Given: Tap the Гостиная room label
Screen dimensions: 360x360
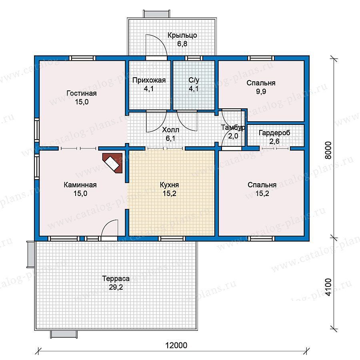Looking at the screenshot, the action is tap(82, 94).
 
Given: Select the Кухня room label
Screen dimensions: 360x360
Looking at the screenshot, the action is tap(169, 185).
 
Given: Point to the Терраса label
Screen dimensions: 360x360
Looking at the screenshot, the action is tap(116, 278).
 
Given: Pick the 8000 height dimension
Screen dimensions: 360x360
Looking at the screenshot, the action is tap(328, 150).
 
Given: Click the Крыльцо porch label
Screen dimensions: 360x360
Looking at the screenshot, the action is tap(182, 35).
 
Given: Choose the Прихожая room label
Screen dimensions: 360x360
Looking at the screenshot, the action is tap(149, 80).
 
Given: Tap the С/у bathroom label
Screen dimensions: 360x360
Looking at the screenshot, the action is tap(194, 80).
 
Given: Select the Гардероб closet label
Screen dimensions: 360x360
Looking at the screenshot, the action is tap(274, 133).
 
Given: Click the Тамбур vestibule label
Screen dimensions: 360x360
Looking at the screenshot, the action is tap(233, 128).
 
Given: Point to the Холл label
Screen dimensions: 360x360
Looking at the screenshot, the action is tap(170, 130).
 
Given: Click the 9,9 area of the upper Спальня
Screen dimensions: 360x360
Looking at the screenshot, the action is tap(261, 91).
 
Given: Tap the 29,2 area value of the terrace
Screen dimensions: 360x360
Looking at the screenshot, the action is tap(116, 287).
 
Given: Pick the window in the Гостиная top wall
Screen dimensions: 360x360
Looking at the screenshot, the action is tap(82, 58).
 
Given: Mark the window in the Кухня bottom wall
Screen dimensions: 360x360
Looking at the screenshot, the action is tap(172, 238).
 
